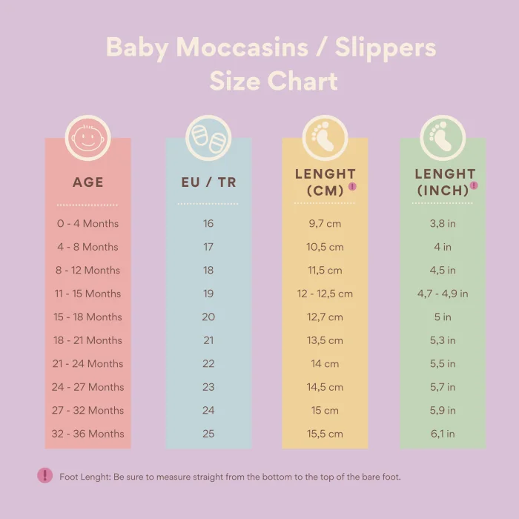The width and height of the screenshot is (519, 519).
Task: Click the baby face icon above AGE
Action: click(87, 138)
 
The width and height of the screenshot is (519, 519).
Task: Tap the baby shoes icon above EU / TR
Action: click(208, 138)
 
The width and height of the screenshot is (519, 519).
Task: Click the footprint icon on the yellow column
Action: click(325, 138)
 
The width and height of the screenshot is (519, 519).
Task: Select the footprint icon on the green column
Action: click(443, 138)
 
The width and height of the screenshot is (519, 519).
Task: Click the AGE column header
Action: click(87, 182)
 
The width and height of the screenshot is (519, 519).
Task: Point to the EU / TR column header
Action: click(208, 182)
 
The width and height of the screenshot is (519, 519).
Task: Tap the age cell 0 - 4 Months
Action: click(87, 223)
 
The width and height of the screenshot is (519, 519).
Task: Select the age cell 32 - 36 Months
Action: click(87, 434)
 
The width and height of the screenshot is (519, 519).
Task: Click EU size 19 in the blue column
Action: click(208, 294)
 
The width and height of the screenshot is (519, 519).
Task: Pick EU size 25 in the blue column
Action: click(208, 434)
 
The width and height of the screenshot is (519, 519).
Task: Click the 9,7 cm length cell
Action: click(325, 223)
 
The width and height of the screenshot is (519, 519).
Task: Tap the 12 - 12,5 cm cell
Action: click(325, 294)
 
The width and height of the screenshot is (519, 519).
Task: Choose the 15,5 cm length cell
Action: click(325, 434)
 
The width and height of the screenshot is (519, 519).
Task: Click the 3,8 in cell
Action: click(443, 223)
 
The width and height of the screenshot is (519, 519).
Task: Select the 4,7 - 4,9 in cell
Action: click(443, 294)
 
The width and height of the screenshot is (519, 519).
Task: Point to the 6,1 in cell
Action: click(443, 434)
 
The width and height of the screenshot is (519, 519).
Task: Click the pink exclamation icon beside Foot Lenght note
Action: click(44, 476)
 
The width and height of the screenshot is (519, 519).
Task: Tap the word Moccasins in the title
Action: click(251, 47)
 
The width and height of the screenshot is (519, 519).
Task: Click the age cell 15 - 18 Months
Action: click(87, 317)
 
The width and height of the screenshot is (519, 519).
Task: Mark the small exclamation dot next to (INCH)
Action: click(474, 185)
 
